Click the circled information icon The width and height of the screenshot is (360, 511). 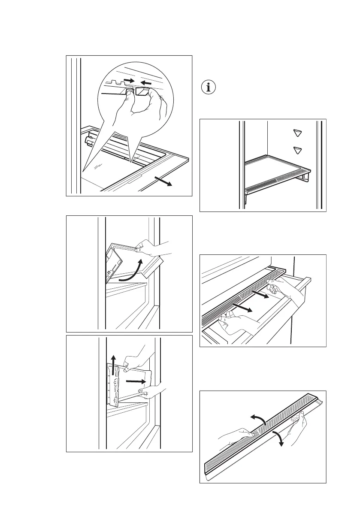click(209, 88)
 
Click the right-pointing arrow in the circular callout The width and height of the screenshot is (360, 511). click(128, 80)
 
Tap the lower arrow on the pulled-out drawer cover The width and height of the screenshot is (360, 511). click(242, 307)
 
